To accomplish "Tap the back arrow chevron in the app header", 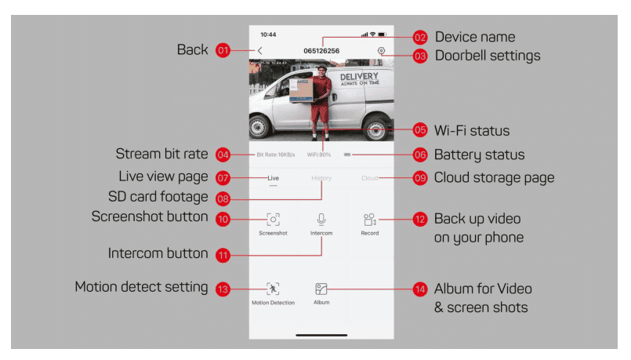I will pos(260,51).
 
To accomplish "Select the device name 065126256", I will pos(321,51).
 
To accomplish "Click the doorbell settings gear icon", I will pos(381,51).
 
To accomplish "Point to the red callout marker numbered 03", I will pos(420,56).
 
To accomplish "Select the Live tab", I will pos(273,179).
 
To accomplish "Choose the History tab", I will pos(321,179).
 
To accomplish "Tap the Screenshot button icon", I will pos(273,220).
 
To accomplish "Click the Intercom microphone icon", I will pos(321,220).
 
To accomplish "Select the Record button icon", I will pos(370,220).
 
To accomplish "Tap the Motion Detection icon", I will pos(273,289).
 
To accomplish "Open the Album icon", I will pos(321,289).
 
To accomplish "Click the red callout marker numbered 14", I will pos(420,289).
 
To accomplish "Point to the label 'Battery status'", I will pos(479,155).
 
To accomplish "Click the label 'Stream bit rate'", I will pos(161,155).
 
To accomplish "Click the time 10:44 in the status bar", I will pos(268,35).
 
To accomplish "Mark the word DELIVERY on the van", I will pos(359,77).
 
